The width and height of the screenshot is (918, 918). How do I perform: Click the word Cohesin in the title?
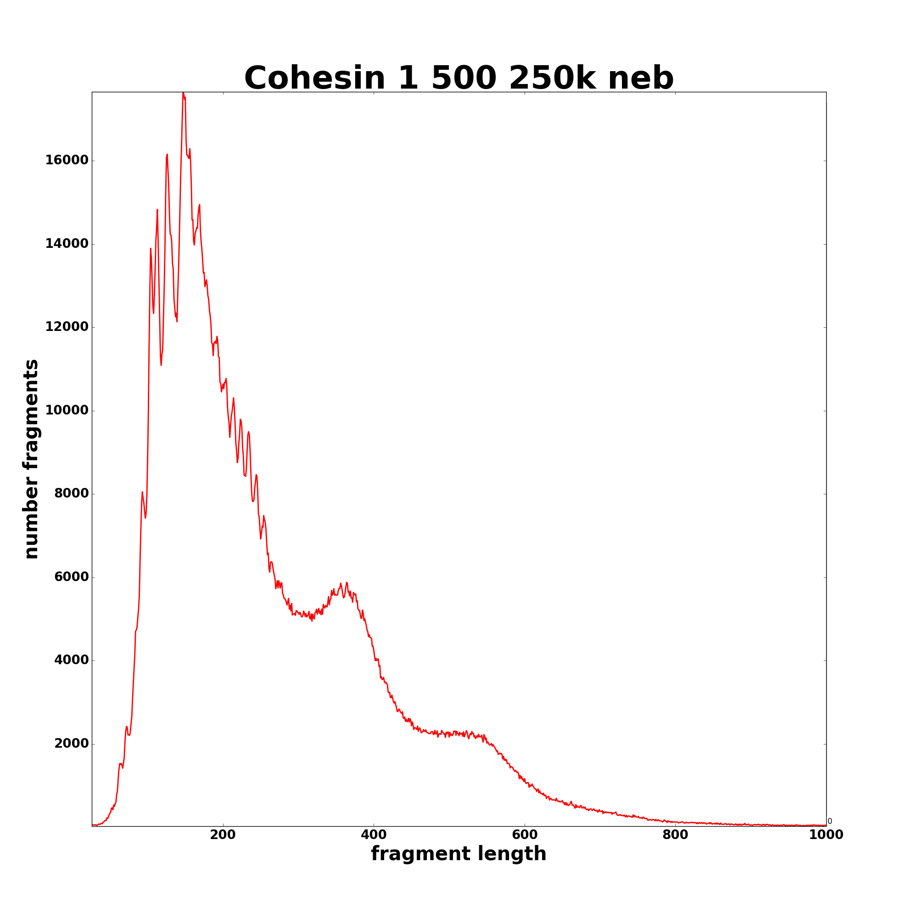point(314,78)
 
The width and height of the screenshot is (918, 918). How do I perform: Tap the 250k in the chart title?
point(552,78)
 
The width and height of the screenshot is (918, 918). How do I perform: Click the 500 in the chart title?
point(464,78)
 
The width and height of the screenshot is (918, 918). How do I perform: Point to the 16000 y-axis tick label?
point(67,161)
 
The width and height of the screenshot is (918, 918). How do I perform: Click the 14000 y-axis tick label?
point(67,244)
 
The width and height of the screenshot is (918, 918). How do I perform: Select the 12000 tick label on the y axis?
point(67,327)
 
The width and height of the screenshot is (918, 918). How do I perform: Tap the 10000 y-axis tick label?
point(67,410)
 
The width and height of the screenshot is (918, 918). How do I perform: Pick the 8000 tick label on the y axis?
point(71,494)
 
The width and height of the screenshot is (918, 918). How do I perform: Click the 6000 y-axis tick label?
point(71,577)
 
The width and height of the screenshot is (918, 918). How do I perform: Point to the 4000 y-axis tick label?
point(71,661)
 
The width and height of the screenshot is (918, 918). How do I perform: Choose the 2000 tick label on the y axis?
point(71,744)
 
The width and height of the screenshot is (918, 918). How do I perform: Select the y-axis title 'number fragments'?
point(31,459)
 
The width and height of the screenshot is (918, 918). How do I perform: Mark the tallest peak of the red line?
point(183,93)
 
